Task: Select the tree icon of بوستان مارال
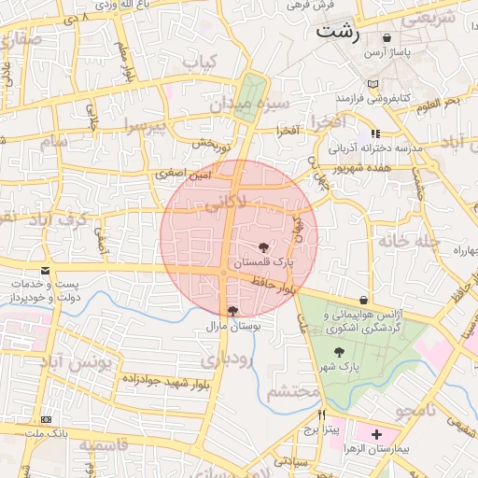[x=232, y=311]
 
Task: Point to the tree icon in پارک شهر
[x=339, y=352]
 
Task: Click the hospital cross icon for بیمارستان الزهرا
[x=376, y=434]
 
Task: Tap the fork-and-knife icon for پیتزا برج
[x=322, y=416]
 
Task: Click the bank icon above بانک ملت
[x=47, y=420]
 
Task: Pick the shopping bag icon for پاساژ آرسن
[x=387, y=38]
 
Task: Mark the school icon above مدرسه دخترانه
[x=375, y=134]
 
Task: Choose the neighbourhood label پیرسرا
[x=145, y=125]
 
